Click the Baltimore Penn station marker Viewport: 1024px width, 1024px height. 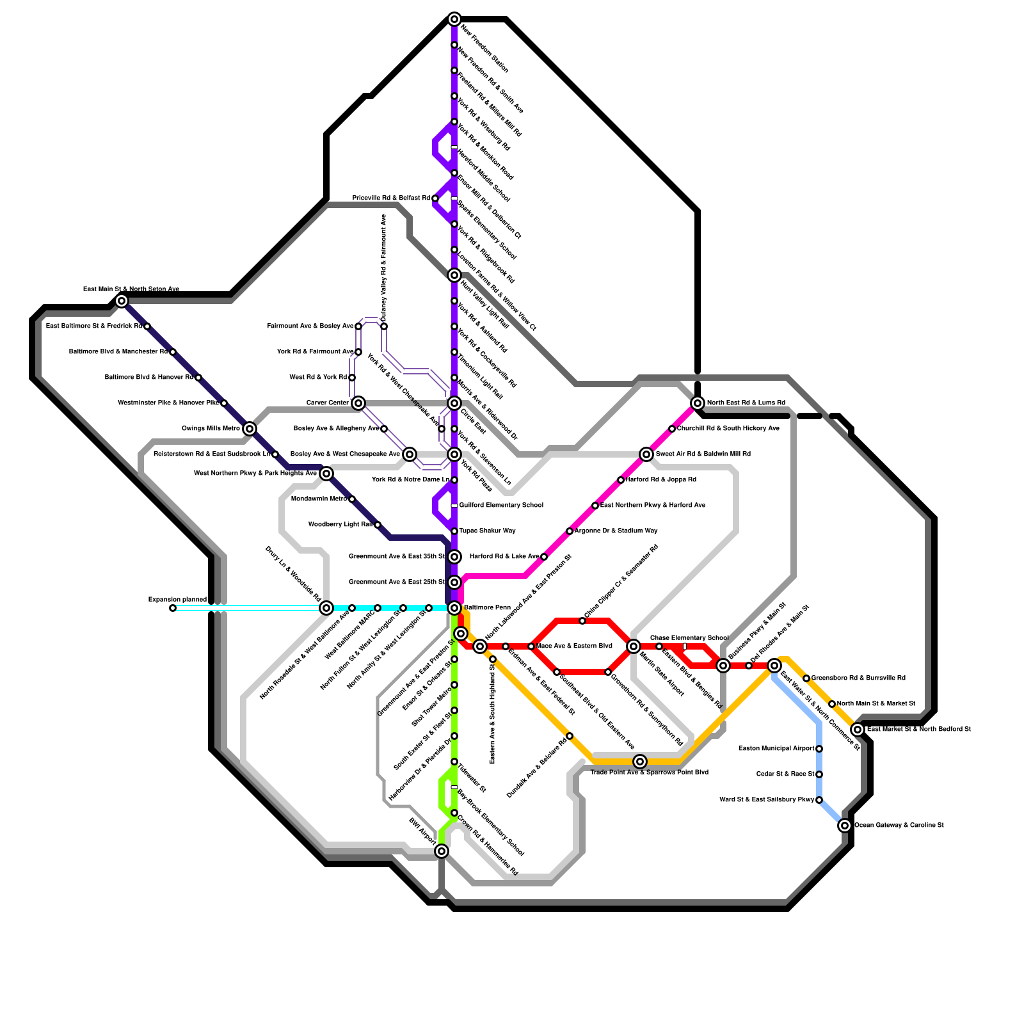pyautogui.click(x=454, y=608)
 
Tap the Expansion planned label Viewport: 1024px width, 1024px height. pyautogui.click(x=177, y=600)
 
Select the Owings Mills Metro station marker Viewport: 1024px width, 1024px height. pyautogui.click(x=250, y=429)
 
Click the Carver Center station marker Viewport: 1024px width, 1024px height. pyautogui.click(x=358, y=403)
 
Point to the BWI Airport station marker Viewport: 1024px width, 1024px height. pyautogui.click(x=442, y=851)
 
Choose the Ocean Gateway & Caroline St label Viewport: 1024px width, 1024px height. pyautogui.click(x=899, y=826)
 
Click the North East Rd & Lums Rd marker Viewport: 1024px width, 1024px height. pyautogui.click(x=698, y=403)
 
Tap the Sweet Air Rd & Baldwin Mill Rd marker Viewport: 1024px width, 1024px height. pyautogui.click(x=646, y=454)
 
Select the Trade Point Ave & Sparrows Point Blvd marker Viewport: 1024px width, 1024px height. pyautogui.click(x=640, y=762)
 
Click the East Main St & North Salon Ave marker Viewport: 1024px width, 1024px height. pyautogui.click(x=122, y=301)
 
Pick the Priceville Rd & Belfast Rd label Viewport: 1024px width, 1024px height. pyautogui.click(x=391, y=198)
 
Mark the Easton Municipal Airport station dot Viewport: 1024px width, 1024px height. pyautogui.click(x=819, y=749)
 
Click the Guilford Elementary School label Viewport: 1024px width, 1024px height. pyautogui.click(x=501, y=506)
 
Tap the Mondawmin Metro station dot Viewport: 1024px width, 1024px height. pyautogui.click(x=352, y=499)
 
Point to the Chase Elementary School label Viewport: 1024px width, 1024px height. pyautogui.click(x=689, y=638)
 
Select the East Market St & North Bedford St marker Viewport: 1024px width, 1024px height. pyautogui.click(x=858, y=730)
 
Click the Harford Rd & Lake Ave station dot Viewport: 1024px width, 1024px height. pyautogui.click(x=544, y=557)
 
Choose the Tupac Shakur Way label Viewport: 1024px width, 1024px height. pyautogui.click(x=487, y=531)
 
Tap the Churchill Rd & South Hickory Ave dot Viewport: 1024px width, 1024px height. pyautogui.click(x=672, y=429)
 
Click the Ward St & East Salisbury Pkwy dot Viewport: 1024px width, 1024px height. pyautogui.click(x=819, y=800)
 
